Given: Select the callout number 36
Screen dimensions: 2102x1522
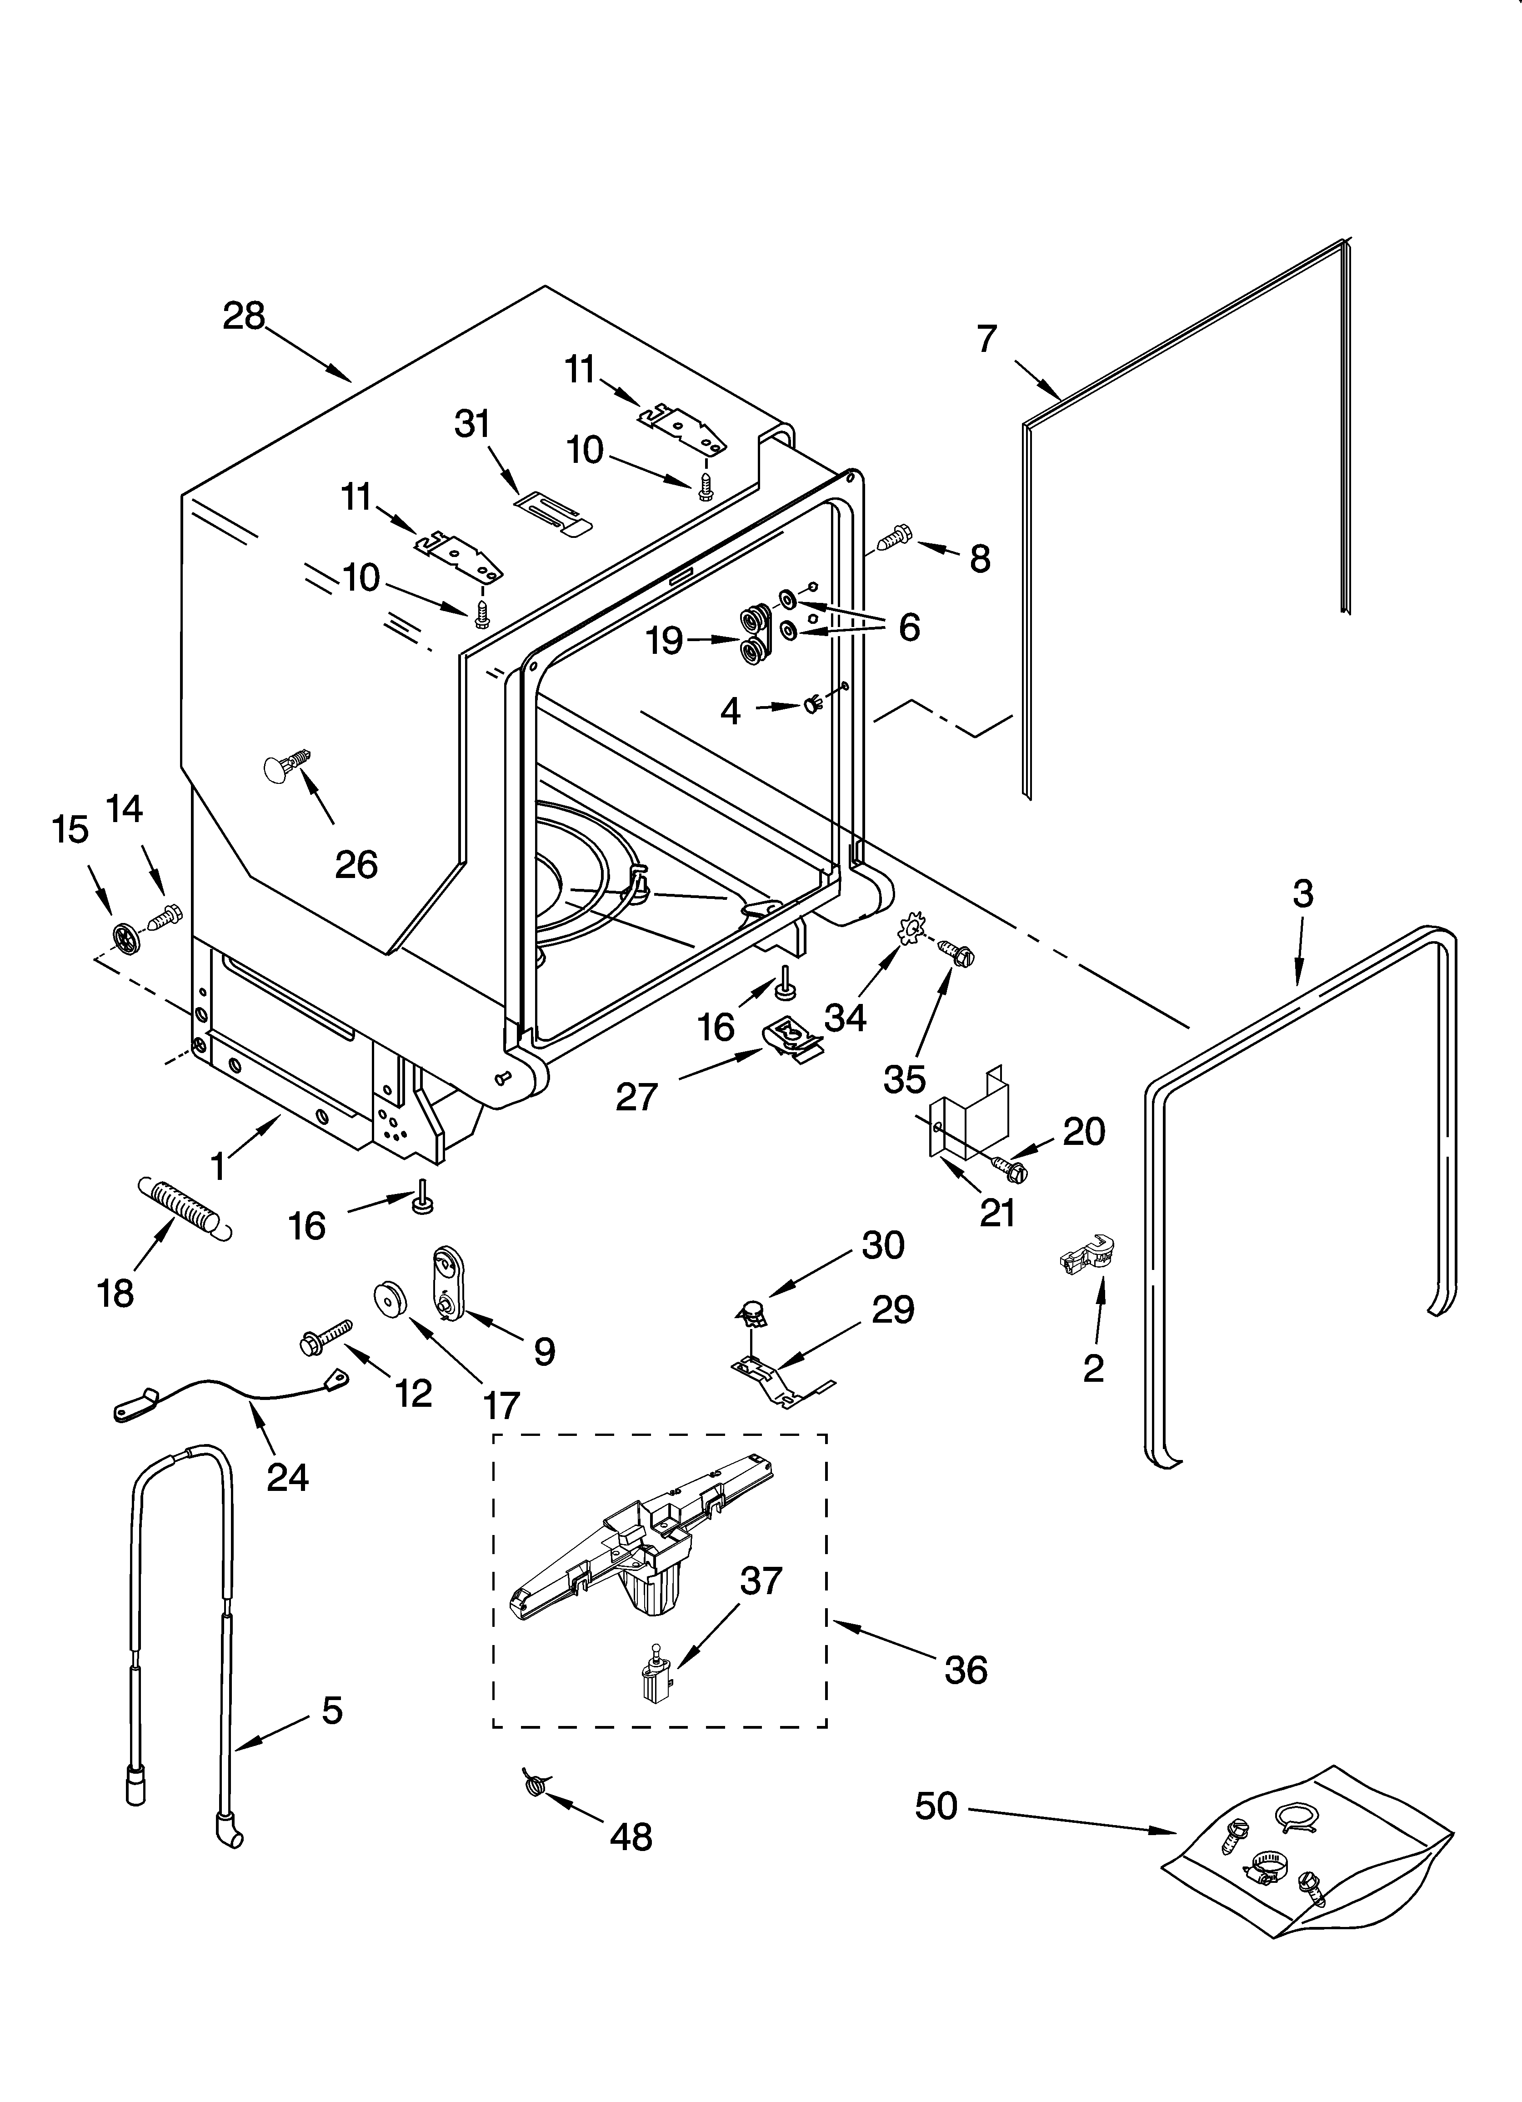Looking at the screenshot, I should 966,1670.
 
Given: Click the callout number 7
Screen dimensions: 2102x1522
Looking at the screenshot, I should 986,339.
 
